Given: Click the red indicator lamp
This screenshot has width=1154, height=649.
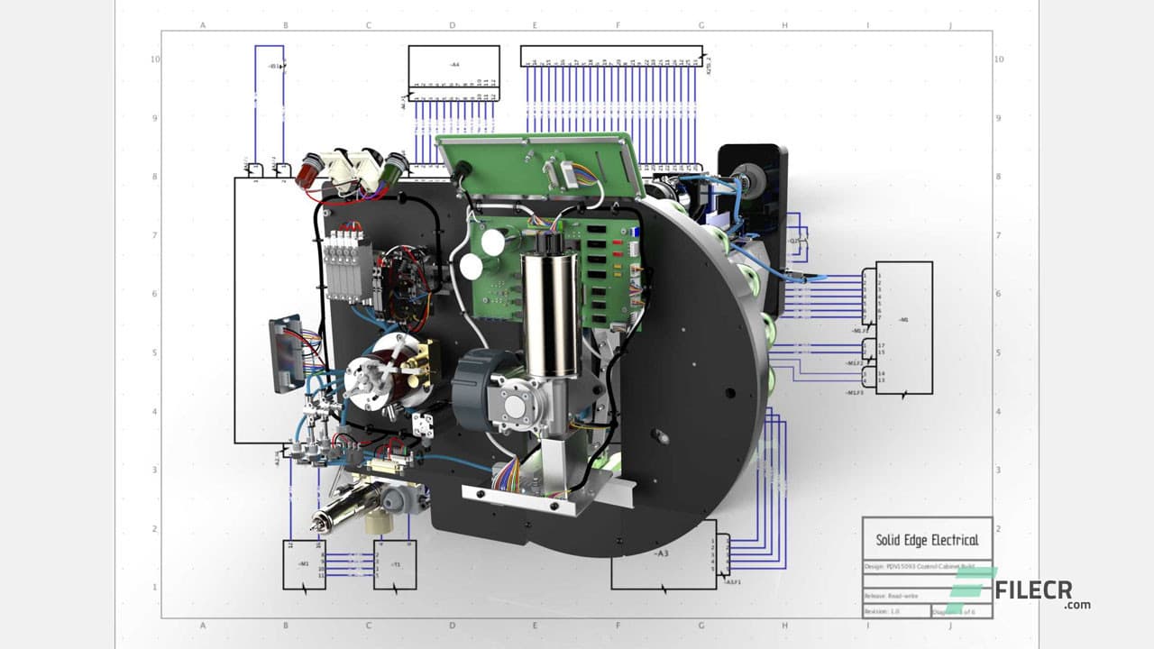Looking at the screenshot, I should point(312,165).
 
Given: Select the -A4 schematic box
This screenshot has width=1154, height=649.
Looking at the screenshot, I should point(453,66).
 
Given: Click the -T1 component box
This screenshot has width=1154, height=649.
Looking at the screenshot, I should point(395,565).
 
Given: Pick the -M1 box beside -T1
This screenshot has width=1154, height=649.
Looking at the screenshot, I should point(304,565).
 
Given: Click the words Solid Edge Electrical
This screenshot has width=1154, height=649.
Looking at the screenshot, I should point(927,540).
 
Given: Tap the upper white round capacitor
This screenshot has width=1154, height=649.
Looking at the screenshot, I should point(492,242).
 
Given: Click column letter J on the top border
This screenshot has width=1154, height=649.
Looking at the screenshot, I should point(950,25).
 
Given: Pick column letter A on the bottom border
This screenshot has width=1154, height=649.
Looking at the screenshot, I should point(203,625).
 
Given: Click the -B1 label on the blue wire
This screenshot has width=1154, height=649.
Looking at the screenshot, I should point(274,66).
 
